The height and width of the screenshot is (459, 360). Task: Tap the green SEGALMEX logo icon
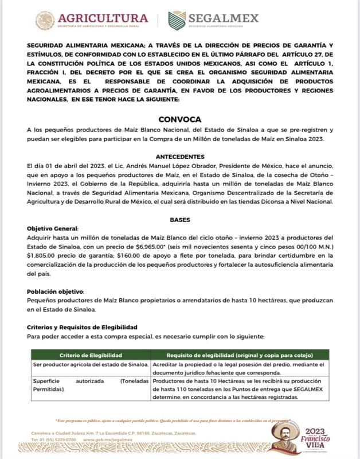177,20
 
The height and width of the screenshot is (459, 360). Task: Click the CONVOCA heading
179,119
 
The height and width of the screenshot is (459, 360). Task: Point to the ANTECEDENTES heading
179,156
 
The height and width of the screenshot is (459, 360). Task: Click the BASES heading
179,220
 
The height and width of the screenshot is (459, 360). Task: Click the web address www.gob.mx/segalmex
105,439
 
